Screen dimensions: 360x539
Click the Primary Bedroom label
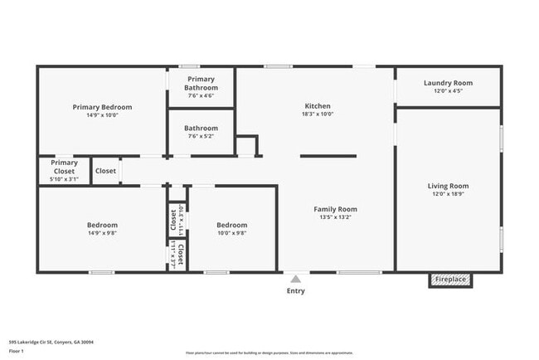pos(102,107)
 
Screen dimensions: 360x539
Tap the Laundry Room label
pos(448,83)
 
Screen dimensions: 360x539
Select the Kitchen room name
pos(317,106)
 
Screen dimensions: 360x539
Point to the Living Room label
pos(448,186)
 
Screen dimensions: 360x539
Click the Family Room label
pos(335,209)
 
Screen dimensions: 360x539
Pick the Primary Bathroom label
pos(202,84)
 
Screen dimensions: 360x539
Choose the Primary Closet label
pos(64,168)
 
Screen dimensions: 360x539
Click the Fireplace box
pos(451,280)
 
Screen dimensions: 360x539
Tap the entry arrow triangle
pos(295,279)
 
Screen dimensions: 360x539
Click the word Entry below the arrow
pos(295,291)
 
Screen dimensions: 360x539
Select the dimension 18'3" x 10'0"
pos(317,115)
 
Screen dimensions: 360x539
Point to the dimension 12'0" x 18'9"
pos(448,194)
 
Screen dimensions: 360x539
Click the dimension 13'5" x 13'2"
pos(335,217)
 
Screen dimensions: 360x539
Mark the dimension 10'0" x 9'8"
pos(232,233)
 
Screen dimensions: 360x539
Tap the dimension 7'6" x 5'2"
pos(202,137)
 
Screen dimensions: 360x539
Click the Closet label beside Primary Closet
pos(105,171)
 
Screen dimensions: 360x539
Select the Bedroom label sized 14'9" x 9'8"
pos(102,225)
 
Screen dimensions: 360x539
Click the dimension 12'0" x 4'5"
pos(448,91)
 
